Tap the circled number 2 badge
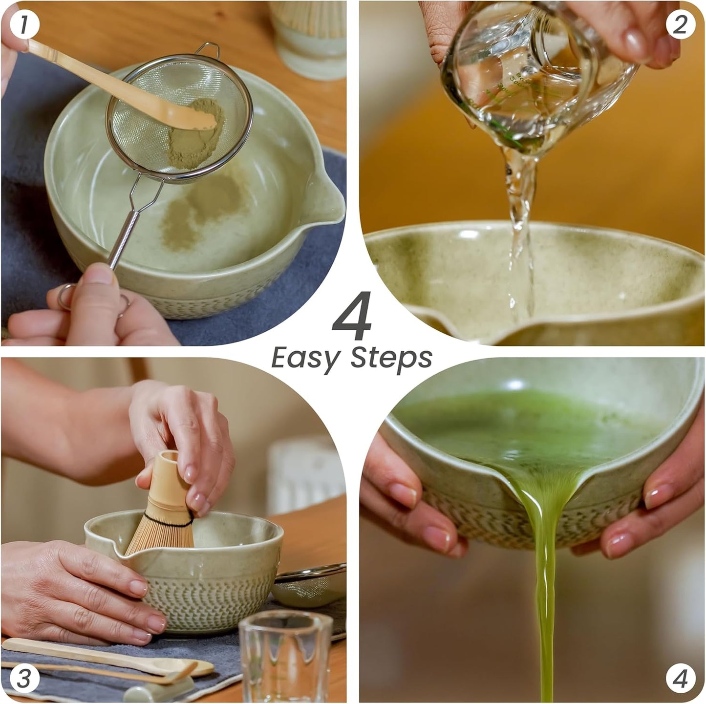(680, 24)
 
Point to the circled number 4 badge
(680, 679)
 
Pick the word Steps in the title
(392, 358)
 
